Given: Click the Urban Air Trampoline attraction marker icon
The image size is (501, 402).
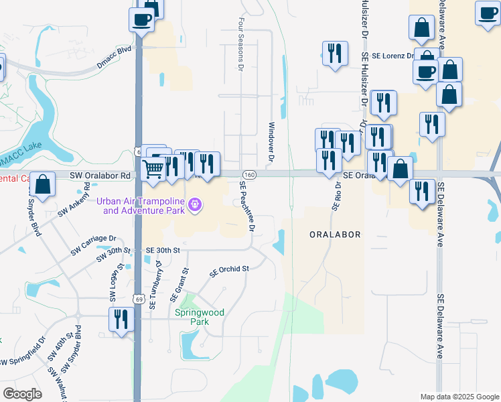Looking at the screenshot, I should [x=195, y=204].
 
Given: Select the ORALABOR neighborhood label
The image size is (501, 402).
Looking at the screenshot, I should [x=336, y=234].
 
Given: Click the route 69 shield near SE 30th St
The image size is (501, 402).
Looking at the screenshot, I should [x=137, y=297].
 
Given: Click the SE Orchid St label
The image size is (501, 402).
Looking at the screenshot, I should [x=229, y=271].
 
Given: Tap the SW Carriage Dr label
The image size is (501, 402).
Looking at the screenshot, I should [x=94, y=245].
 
